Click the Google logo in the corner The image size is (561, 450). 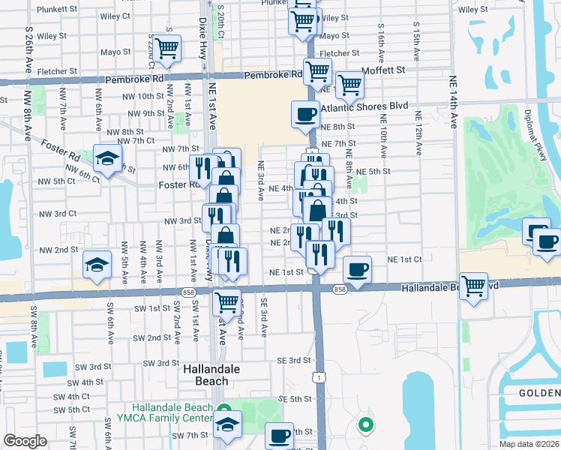(25, 441)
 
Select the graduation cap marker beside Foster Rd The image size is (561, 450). (108, 157)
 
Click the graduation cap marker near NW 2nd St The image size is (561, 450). (97, 264)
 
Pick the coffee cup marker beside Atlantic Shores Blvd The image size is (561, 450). (305, 114)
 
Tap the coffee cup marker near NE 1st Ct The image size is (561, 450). (358, 269)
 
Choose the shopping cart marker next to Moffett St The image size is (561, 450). (349, 85)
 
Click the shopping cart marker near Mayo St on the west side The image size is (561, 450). (167, 48)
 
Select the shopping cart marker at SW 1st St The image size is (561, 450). (226, 302)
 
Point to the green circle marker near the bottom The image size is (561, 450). (366, 425)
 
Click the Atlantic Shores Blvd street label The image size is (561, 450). (364, 106)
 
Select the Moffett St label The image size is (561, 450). (382, 70)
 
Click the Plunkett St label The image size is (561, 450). (57, 9)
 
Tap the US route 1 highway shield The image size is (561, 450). (320, 378)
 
